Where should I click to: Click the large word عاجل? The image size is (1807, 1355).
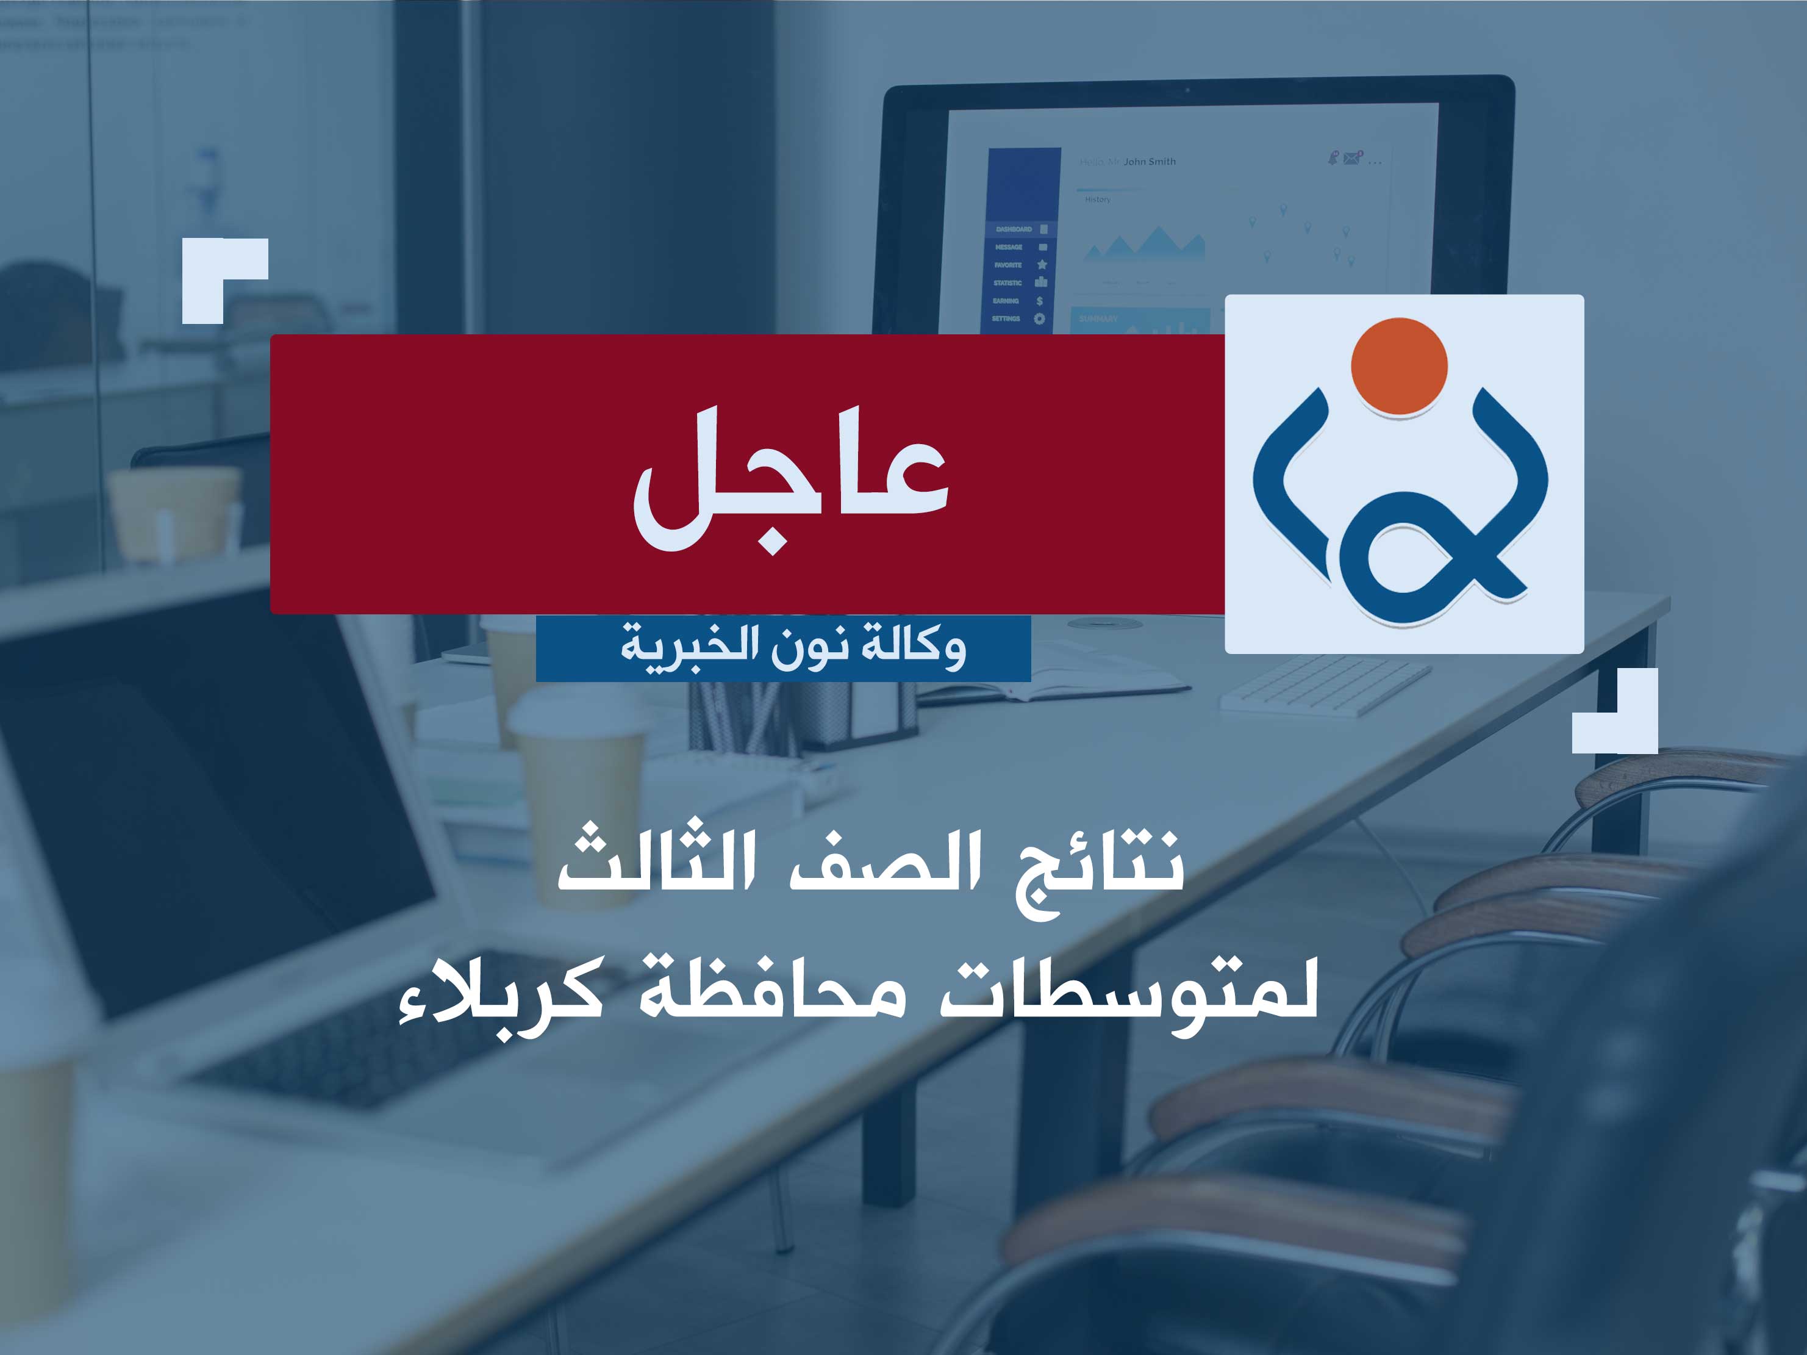click(x=791, y=478)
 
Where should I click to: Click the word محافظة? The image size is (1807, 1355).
click(x=772, y=991)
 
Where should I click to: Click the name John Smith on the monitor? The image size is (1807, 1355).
click(x=1150, y=162)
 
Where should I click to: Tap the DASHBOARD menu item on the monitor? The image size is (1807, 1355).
click(x=1014, y=229)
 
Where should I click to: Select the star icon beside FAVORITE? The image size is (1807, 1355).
click(x=1042, y=265)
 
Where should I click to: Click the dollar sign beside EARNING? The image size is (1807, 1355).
click(x=1039, y=301)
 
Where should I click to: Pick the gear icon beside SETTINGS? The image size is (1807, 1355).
click(x=1039, y=318)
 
